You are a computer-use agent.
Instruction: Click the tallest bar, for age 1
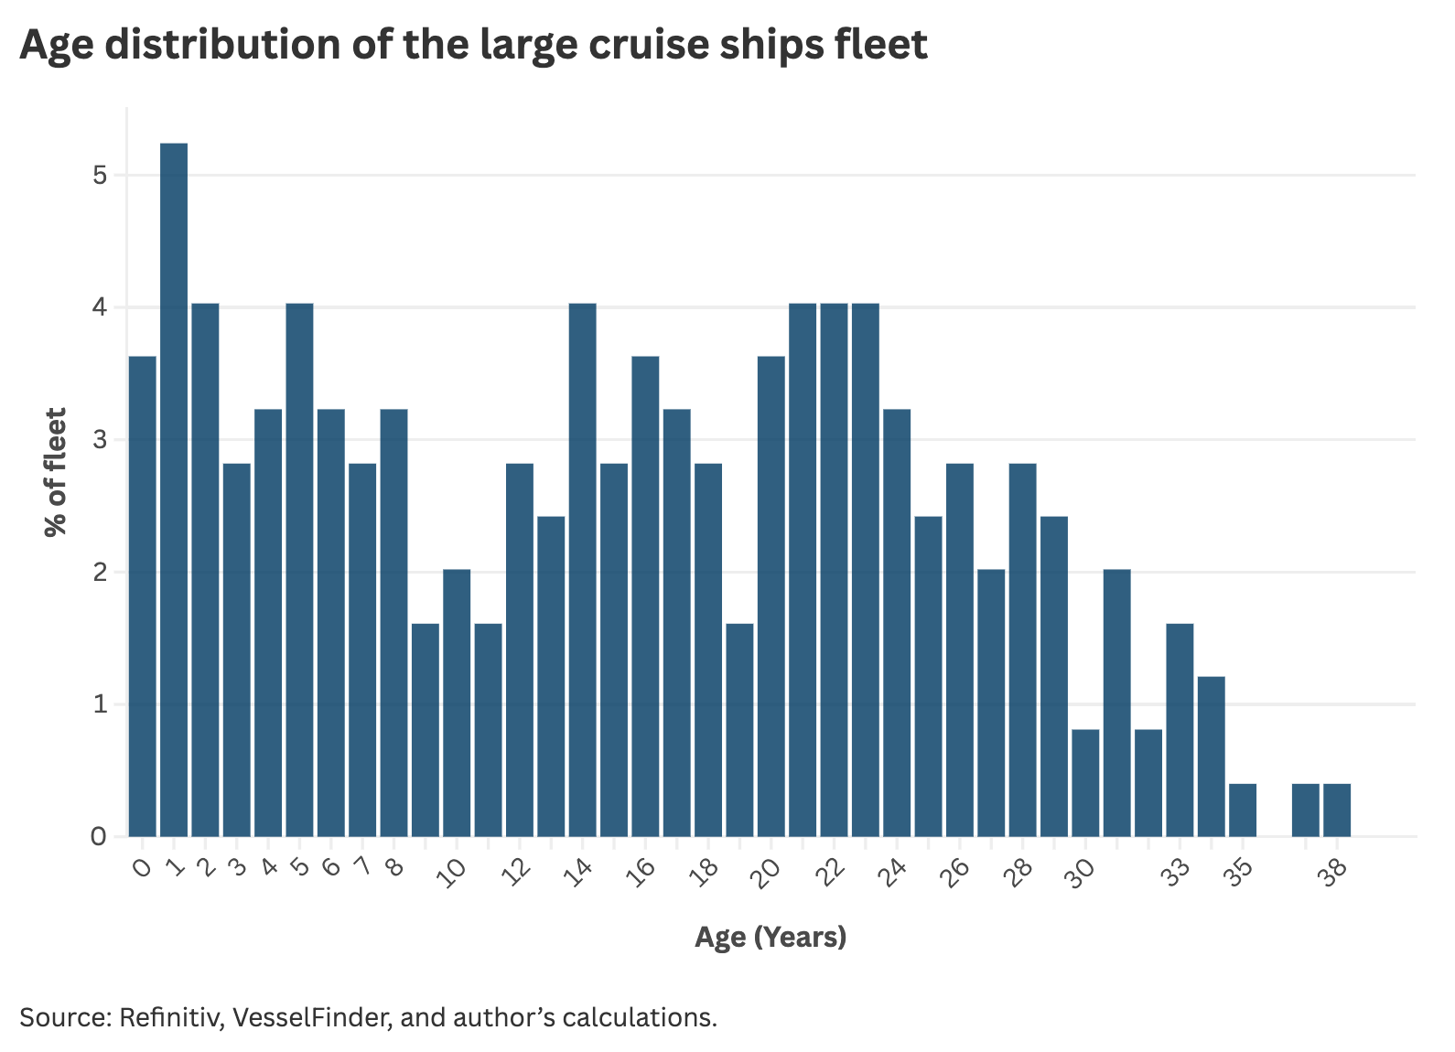click(x=174, y=489)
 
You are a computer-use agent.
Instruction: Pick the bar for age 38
click(x=1336, y=810)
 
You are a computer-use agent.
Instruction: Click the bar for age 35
click(x=1242, y=810)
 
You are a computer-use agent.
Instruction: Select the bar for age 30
click(x=1085, y=783)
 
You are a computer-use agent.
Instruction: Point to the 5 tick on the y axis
click(x=100, y=175)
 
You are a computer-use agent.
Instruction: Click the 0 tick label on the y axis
click(x=100, y=836)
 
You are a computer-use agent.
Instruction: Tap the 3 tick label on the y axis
click(x=100, y=440)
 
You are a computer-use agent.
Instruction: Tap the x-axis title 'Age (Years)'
click(x=771, y=938)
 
